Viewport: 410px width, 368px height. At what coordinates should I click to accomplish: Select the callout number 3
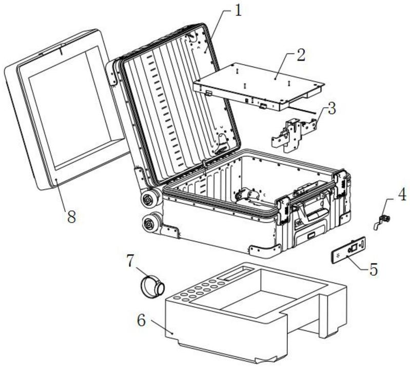pyautogui.click(x=331, y=109)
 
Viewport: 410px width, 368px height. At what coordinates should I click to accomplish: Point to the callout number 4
pyautogui.click(x=402, y=195)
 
